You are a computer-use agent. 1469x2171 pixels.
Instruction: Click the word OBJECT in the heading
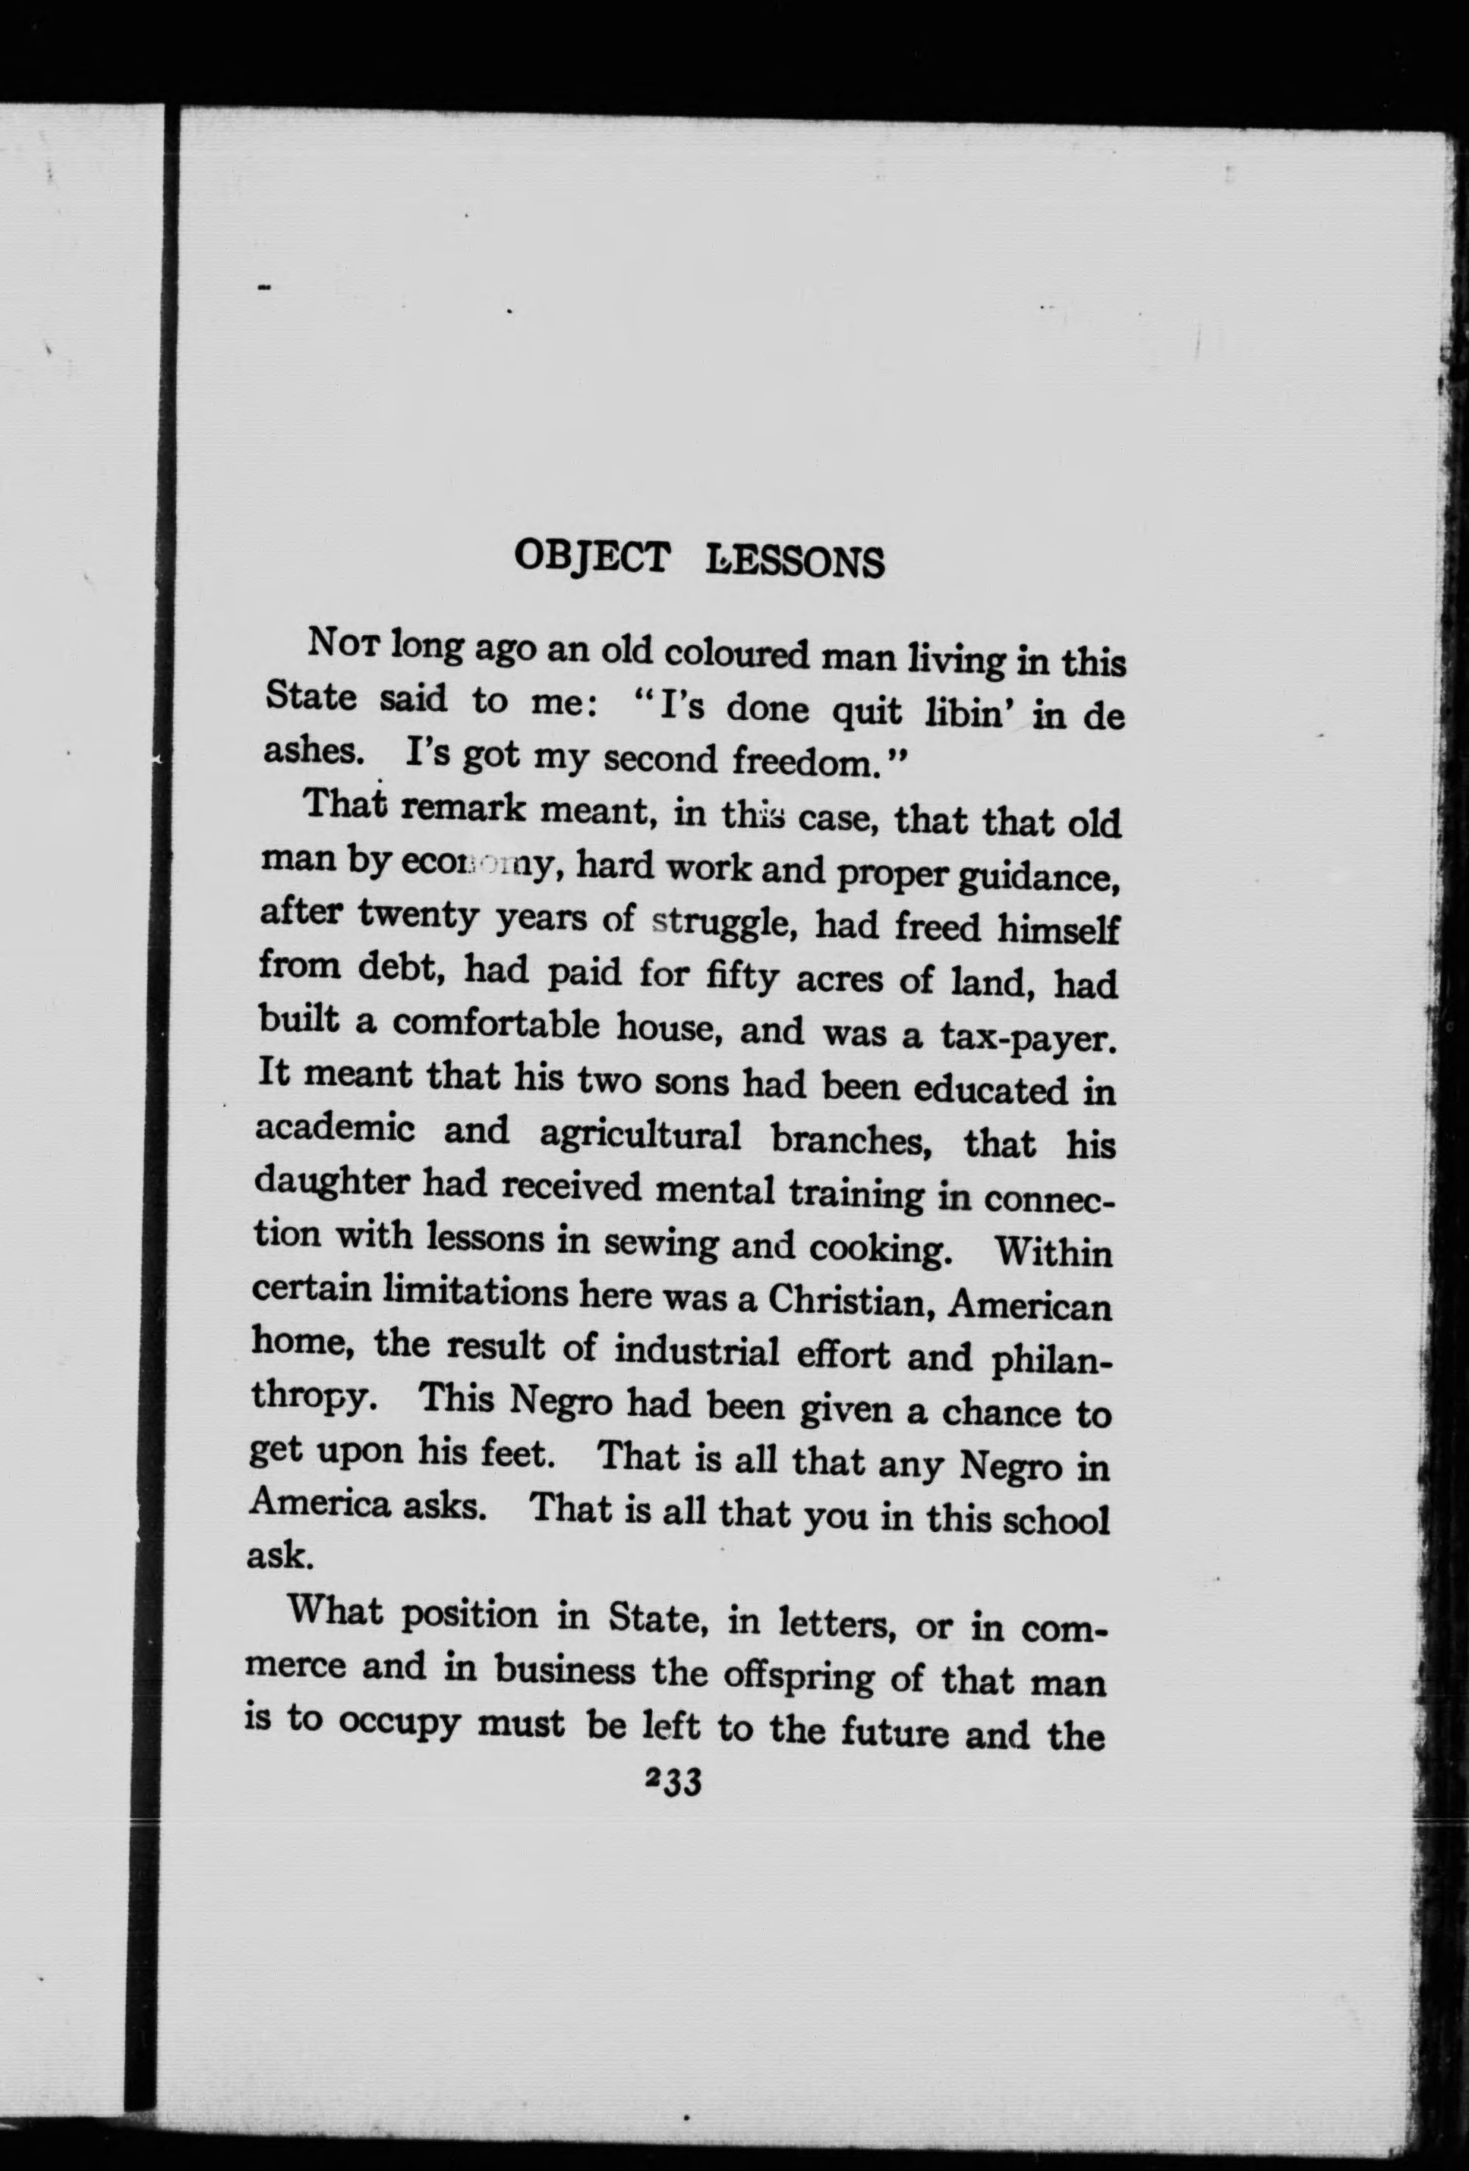pyautogui.click(x=591, y=558)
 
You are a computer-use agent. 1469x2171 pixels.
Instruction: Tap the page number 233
pyautogui.click(x=672, y=1782)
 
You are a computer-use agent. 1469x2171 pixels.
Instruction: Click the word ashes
pyautogui.click(x=308, y=752)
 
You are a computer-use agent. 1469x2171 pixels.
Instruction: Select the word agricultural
pyautogui.click(x=640, y=1136)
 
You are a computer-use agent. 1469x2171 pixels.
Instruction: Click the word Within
pyautogui.click(x=1053, y=1252)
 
